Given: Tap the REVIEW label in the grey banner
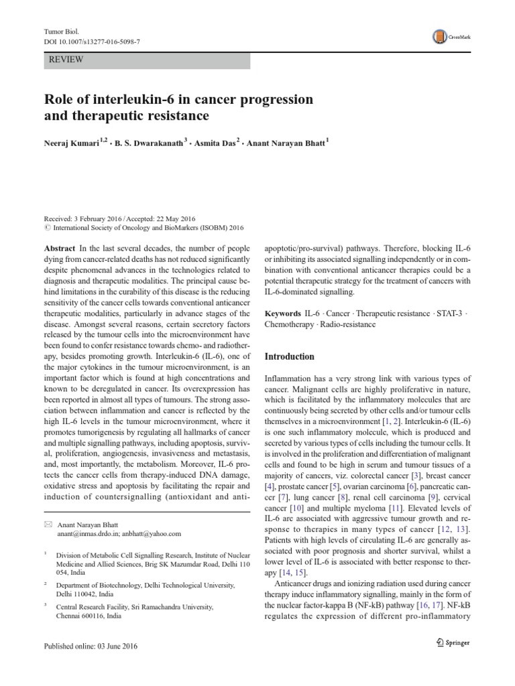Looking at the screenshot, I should pyautogui.click(x=66, y=60).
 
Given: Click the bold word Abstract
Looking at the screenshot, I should pyautogui.click(x=58, y=247).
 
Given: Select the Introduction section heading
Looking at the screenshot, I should pyautogui.click(x=290, y=356).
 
